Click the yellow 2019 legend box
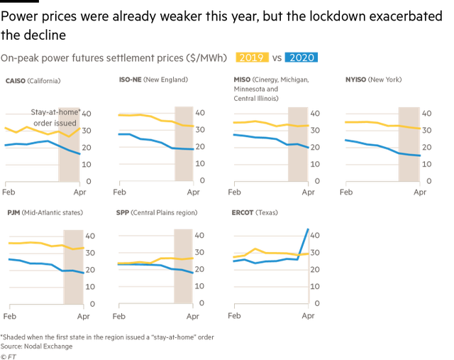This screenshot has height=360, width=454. pos(254,58)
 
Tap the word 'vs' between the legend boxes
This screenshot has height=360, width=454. pos(277,58)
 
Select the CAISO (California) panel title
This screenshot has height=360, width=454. pos(33,80)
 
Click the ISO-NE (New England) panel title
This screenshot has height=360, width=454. pos(153,80)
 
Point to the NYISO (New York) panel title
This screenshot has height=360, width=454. pos(372,80)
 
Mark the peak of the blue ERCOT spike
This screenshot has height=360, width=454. pos(307,229)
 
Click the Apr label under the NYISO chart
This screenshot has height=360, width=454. pos(420,192)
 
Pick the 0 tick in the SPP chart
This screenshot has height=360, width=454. pos(199,303)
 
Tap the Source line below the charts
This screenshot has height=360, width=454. pos(37,347)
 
